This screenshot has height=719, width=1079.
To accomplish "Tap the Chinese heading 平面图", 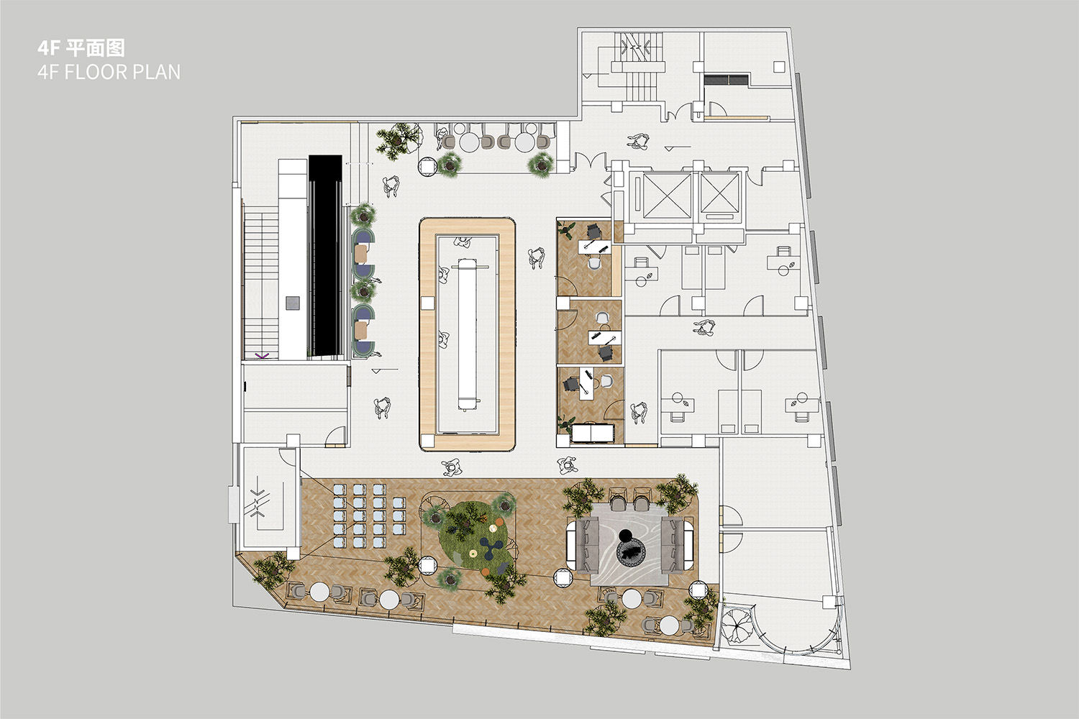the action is [x=96, y=47].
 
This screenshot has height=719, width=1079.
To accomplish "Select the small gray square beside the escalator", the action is [x=292, y=303].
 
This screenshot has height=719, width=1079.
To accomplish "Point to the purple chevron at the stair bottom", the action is [x=262, y=356].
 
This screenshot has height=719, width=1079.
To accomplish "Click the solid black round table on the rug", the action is [x=626, y=535].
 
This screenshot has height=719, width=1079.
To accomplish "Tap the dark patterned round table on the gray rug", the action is [x=631, y=552].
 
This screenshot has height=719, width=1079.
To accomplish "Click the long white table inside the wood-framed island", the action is [x=467, y=334].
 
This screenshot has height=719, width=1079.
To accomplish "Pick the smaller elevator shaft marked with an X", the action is [x=719, y=193].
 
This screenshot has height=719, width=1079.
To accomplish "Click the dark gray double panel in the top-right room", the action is [x=727, y=80].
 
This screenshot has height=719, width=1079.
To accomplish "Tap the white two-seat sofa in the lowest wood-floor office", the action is [x=593, y=433].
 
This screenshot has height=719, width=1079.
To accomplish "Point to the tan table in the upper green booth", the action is [x=361, y=253].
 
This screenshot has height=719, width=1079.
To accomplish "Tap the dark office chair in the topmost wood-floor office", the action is [x=594, y=232].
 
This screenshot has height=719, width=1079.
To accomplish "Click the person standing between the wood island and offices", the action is [x=537, y=258].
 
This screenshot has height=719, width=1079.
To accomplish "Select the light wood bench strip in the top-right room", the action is [x=736, y=117].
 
